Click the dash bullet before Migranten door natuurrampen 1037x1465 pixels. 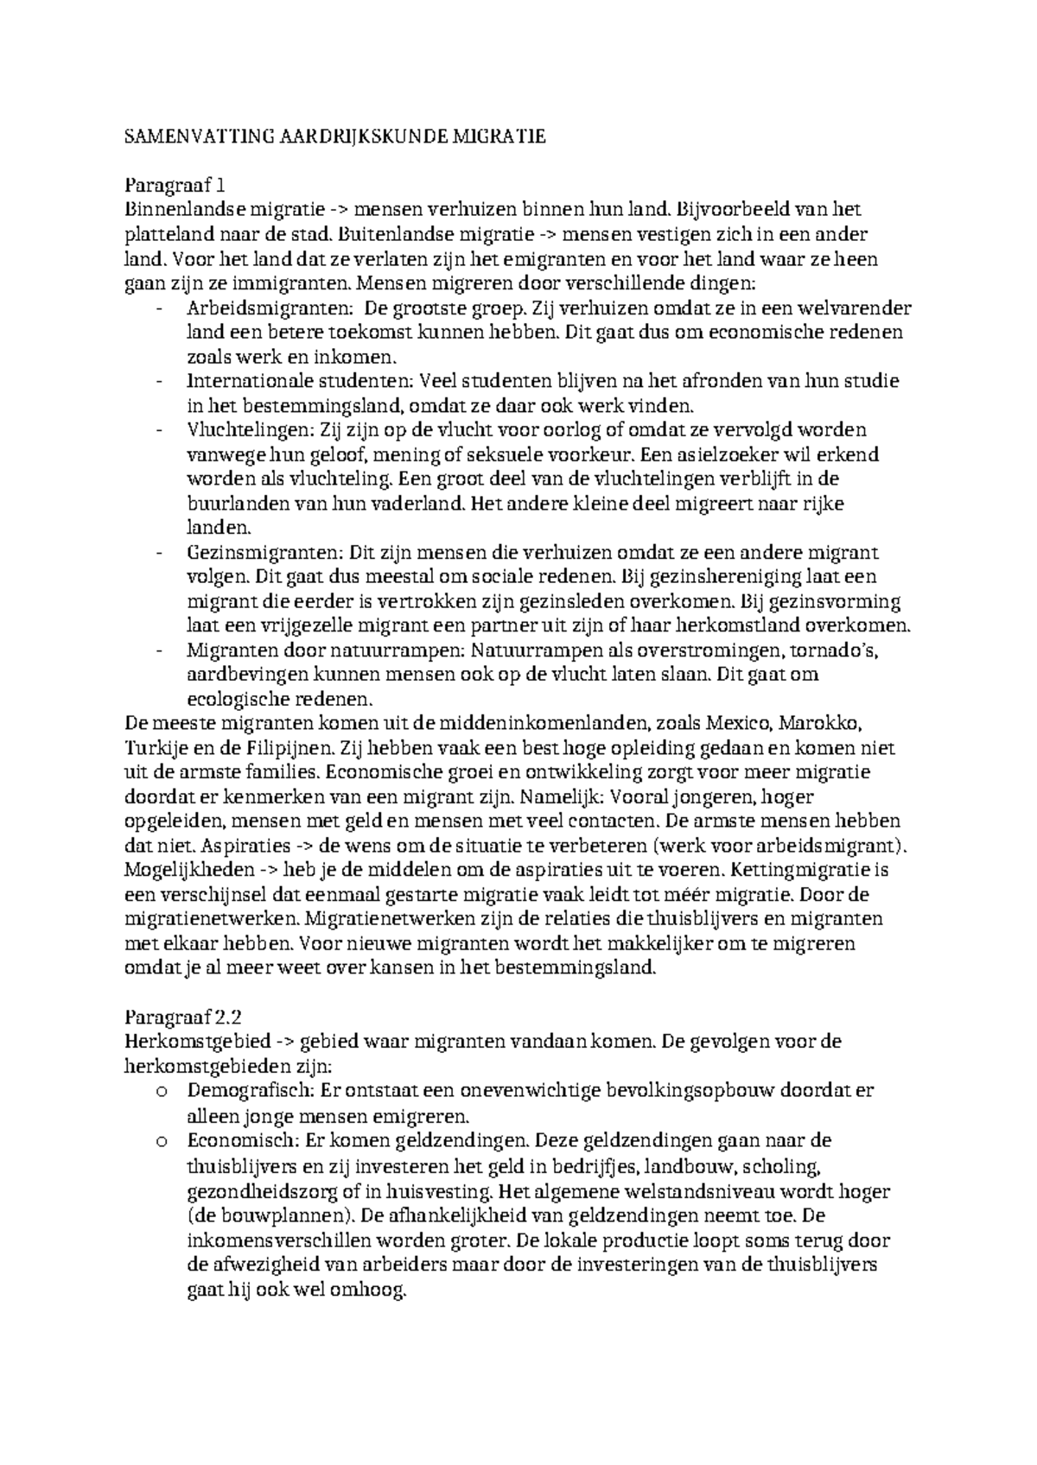click(161, 650)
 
